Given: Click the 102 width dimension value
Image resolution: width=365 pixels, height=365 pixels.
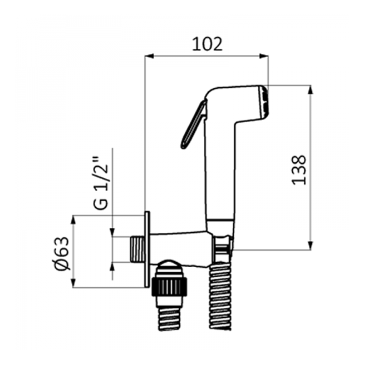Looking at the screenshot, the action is (x=207, y=44).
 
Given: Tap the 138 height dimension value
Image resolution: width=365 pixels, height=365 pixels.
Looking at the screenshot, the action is (x=299, y=170).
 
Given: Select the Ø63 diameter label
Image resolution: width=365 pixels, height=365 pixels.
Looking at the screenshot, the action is (x=62, y=254).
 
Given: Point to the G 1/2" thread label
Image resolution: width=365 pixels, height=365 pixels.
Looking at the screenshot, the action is (x=101, y=184).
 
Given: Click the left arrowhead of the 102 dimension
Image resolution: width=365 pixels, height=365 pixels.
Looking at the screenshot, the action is (x=149, y=56).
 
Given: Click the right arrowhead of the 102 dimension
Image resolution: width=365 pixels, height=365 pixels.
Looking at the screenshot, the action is (x=264, y=56).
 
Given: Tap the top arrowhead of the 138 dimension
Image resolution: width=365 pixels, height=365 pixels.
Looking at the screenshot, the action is (x=310, y=90).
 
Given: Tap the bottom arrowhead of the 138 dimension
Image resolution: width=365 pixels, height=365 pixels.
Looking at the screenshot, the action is (x=310, y=245).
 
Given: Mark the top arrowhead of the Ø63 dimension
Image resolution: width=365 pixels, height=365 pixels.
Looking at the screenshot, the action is (x=74, y=220).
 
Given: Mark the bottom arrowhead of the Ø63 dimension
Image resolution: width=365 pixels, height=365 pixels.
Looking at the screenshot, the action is (x=74, y=283).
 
